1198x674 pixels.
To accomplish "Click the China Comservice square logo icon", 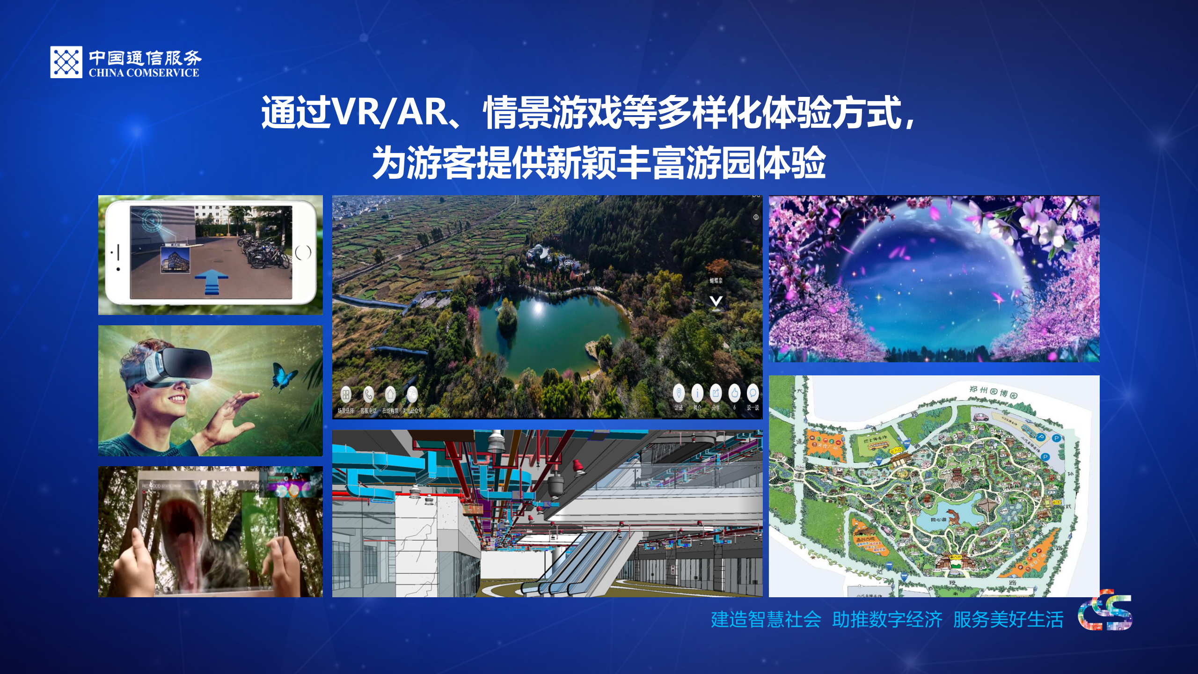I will (66, 62).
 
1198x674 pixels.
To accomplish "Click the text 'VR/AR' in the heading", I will (388, 113).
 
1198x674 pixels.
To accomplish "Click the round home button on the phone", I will (303, 253).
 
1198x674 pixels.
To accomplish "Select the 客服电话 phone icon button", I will (368, 395).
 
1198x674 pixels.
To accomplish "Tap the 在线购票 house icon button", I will (390, 395).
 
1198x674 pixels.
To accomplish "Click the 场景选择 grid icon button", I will (346, 395).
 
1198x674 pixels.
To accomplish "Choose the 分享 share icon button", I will (716, 393).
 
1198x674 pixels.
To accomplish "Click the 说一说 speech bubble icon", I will (752, 393).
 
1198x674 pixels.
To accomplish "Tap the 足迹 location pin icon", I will (679, 393).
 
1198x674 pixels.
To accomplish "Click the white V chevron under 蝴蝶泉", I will (716, 301).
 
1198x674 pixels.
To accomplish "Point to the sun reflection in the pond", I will (538, 308).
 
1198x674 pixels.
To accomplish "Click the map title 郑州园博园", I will (993, 392).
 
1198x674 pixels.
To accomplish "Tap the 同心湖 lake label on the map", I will (938, 520).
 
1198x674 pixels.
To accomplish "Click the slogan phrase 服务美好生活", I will (1008, 620).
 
